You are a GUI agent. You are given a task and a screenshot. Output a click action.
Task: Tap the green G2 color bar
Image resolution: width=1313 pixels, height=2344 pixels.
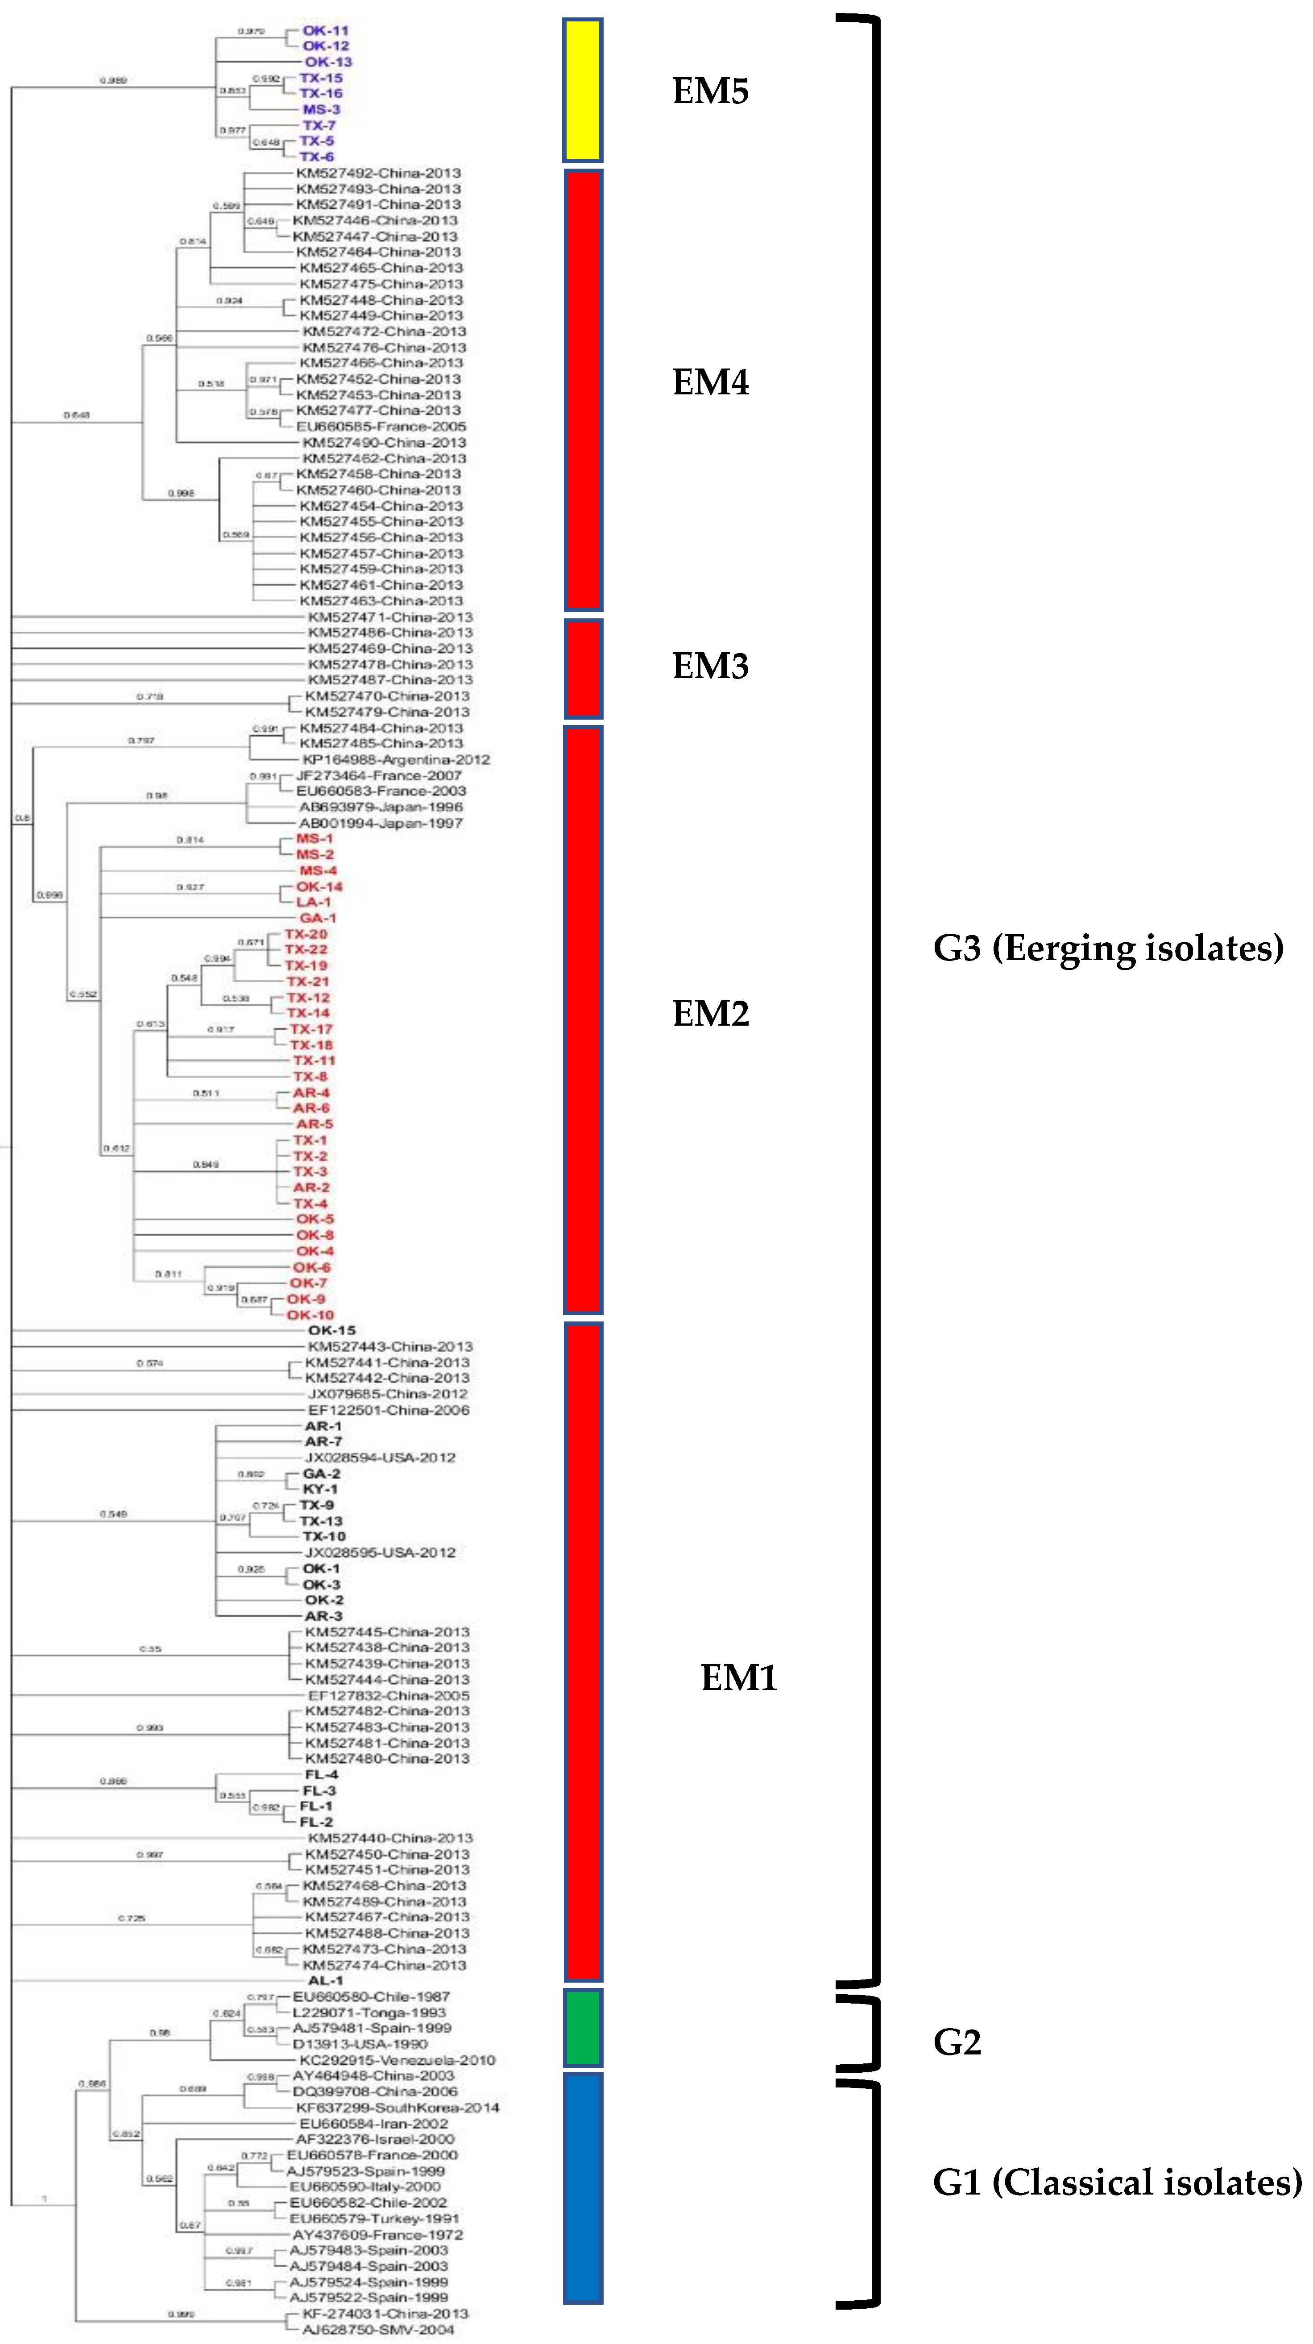[582, 2027]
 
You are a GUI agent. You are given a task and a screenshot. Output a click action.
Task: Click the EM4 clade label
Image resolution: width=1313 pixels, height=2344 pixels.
[711, 382]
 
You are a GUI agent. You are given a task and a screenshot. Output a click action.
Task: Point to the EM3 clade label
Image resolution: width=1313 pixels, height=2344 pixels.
[711, 666]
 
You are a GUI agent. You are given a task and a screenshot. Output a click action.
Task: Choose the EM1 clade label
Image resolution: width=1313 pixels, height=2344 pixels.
[739, 1677]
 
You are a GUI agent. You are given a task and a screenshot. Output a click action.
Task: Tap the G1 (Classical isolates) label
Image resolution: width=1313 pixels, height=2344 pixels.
[1118, 2182]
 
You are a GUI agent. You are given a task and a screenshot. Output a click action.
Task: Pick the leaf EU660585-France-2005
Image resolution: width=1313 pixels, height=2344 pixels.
[381, 426]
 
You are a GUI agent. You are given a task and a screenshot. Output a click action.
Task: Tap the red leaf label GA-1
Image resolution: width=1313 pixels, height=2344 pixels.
[318, 917]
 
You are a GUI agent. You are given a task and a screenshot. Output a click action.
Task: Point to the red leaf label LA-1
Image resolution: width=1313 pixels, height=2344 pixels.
[314, 902]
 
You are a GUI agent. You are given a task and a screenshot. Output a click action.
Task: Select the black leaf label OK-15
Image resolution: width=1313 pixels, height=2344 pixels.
[331, 1330]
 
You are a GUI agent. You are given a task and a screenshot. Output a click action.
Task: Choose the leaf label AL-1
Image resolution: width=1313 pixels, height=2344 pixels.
[325, 1980]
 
